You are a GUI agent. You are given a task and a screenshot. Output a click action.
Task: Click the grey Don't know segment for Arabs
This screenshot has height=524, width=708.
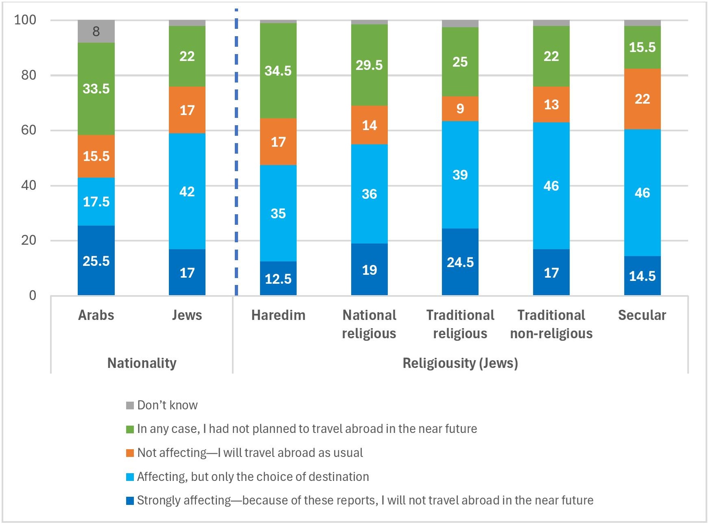tap(96, 31)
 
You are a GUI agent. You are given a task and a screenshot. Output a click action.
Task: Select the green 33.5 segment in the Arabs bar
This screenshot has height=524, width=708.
tap(96, 89)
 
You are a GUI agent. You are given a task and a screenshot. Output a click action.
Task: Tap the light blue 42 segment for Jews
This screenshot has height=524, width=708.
tap(187, 191)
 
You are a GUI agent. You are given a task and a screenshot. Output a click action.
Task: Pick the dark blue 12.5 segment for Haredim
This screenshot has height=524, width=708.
tap(278, 278)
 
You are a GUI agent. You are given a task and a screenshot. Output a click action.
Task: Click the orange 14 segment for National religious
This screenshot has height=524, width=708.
tap(369, 125)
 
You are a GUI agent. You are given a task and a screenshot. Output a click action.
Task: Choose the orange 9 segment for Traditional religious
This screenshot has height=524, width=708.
tap(460, 109)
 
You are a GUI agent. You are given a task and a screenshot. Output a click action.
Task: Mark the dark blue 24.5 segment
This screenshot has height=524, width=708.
tap(460, 262)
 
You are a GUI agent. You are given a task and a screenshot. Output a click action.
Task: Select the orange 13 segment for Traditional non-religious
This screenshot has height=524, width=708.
tap(551, 104)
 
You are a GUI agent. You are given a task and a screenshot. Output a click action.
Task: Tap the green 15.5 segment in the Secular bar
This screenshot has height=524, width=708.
tap(642, 47)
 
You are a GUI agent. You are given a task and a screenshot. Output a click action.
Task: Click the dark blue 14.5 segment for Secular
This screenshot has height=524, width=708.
tap(642, 276)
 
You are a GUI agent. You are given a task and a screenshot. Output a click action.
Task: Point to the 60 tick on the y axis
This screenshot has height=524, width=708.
tap(28, 130)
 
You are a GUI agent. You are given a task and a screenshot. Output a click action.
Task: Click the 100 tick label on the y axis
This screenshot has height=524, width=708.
tap(25, 20)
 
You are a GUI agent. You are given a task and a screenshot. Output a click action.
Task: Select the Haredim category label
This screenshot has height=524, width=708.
tap(278, 315)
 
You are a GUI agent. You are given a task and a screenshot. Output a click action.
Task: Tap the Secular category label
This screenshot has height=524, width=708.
tap(642, 315)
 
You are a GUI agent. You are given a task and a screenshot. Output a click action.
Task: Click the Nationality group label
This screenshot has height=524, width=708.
tap(142, 363)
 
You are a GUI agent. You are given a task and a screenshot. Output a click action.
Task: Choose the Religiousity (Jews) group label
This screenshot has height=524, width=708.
tap(460, 363)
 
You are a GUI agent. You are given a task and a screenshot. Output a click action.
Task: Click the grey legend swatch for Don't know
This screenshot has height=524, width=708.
tap(130, 405)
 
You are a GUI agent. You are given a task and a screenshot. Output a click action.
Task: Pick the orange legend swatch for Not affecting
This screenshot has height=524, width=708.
tap(130, 453)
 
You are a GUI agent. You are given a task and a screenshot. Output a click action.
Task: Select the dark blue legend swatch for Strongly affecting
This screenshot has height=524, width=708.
tap(130, 500)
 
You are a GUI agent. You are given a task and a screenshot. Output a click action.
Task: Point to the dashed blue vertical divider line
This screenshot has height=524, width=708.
tap(236, 163)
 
